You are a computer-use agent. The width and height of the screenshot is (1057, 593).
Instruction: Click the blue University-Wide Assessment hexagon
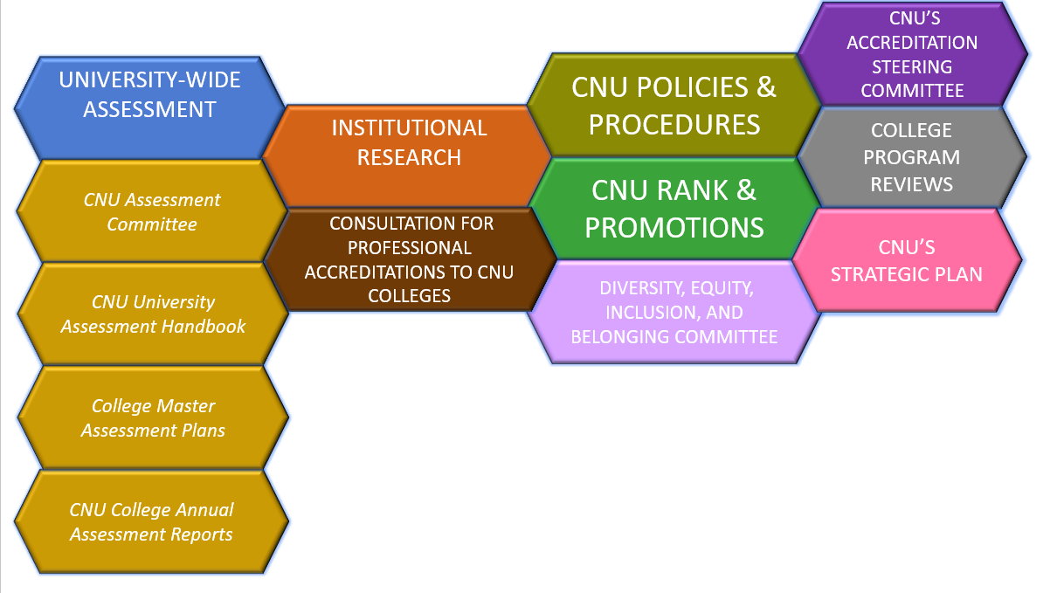click(149, 96)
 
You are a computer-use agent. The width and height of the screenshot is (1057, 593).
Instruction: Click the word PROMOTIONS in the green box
click(674, 227)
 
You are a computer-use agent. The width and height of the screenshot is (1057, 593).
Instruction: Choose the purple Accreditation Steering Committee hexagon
click(911, 54)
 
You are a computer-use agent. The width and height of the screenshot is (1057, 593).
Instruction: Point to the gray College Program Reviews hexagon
click(911, 157)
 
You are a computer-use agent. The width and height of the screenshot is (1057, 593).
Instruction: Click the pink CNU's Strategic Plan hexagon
click(906, 260)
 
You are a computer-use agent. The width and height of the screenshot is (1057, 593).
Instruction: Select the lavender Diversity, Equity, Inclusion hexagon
click(674, 313)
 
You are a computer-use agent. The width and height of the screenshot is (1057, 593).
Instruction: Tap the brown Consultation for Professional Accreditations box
click(409, 259)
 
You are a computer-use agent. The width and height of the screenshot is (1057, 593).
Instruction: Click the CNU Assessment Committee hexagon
click(152, 212)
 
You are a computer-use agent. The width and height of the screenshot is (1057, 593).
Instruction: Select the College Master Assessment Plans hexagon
click(153, 418)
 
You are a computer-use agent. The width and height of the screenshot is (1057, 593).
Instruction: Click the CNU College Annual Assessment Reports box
click(152, 522)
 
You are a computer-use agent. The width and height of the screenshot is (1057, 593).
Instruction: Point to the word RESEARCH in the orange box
click(409, 158)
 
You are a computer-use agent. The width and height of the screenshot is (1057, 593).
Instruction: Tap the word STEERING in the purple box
click(912, 66)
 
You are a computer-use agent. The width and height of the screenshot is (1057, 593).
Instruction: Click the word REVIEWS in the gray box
click(911, 184)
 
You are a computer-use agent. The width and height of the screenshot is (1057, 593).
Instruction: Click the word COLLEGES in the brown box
click(409, 295)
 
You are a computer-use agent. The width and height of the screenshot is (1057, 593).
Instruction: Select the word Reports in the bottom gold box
click(203, 534)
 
